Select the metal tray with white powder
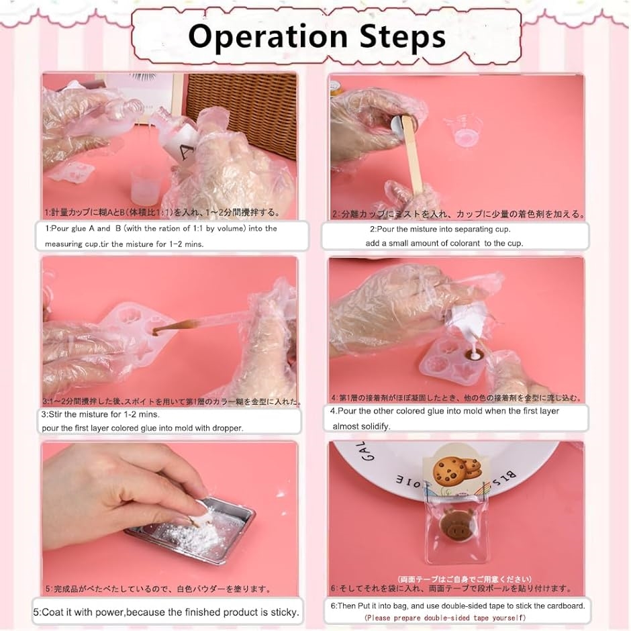click(x=191, y=530)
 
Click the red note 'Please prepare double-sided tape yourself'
click(x=445, y=618)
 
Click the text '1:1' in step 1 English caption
click(x=179, y=228)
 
